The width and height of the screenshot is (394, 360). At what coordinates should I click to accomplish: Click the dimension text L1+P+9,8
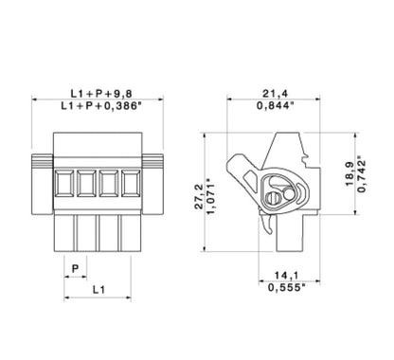[104, 93]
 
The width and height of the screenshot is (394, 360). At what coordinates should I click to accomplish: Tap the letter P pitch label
[76, 267]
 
